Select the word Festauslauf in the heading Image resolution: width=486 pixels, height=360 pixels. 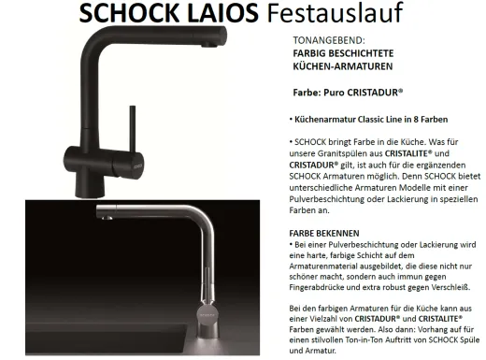tap(323, 15)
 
